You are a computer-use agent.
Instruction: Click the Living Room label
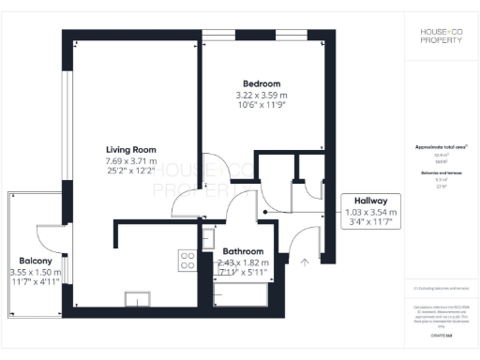[x=130, y=150]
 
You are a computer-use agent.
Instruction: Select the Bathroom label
[x=243, y=252]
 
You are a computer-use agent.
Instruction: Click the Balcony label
[x=36, y=260]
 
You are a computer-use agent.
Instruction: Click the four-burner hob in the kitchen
[x=187, y=257]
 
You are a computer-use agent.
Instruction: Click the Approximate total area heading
[x=441, y=147]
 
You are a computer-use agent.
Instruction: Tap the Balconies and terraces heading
[x=441, y=172]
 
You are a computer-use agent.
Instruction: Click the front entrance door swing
[x=300, y=246]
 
